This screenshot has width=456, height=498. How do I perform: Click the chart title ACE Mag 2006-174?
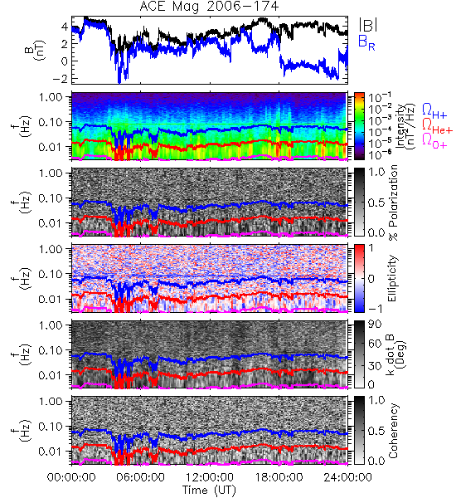[x=209, y=7]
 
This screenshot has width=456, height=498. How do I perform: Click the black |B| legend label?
[x=368, y=25]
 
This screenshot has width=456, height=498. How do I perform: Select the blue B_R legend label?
[x=366, y=43]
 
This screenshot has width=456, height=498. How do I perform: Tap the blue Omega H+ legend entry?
[x=434, y=111]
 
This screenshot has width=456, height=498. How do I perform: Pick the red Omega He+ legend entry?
[x=437, y=126]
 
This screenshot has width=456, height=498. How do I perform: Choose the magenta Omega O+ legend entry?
[x=434, y=141]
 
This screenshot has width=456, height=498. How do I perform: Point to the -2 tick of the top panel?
[x=60, y=78]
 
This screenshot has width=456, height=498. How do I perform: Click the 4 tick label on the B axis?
[x=65, y=27]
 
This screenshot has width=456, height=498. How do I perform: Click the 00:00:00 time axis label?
[x=71, y=477]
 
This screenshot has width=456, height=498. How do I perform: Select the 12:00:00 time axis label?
[x=210, y=477]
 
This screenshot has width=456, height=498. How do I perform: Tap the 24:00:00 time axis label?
[x=347, y=477]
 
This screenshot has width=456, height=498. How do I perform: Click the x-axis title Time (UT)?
[x=210, y=490]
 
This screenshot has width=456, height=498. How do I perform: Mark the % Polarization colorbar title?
[x=393, y=203]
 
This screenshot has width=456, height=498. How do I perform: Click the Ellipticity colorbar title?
[x=392, y=278]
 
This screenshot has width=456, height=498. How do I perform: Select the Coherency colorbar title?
[x=393, y=431]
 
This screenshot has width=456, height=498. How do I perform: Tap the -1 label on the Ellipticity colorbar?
[x=375, y=309]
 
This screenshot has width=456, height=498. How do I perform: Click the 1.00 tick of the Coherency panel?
[x=51, y=402]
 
